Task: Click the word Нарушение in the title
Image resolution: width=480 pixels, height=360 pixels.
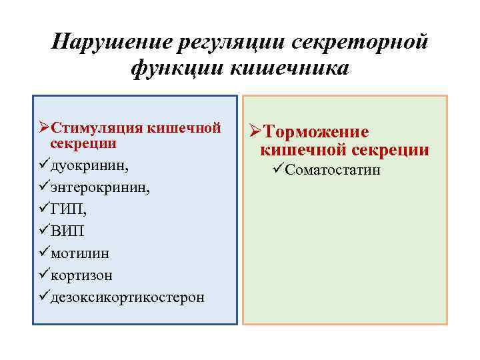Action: pos(109,42)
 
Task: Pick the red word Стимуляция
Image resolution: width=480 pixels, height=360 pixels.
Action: pos(97,127)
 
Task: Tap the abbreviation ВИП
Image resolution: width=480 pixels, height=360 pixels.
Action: pos(67,231)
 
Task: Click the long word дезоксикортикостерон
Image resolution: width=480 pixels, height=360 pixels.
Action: pos(127,297)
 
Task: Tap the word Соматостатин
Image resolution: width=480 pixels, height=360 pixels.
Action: pos(333,170)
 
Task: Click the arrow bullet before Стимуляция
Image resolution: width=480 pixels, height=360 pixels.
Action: pos(43,127)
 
